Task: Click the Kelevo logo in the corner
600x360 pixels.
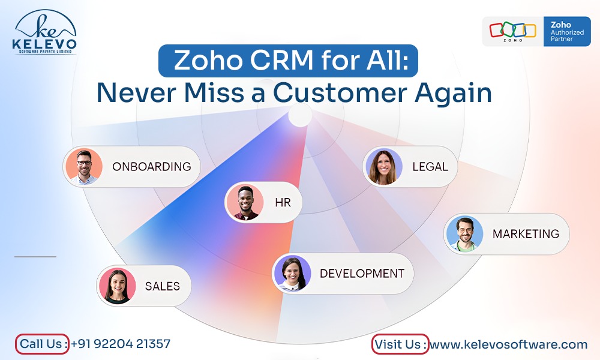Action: click(44, 32)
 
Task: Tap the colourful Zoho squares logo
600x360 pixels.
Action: click(513, 31)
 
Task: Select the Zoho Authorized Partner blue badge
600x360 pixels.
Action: click(567, 31)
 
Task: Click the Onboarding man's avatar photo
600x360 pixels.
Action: click(84, 166)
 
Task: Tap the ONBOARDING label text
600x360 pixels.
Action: click(152, 167)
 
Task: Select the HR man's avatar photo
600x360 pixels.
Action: click(245, 202)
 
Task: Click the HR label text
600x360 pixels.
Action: click(283, 202)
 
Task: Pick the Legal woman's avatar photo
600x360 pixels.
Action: click(383, 167)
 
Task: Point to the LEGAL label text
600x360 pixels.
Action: click(430, 167)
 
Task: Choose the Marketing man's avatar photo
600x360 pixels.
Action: click(464, 234)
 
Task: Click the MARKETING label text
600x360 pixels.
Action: click(526, 234)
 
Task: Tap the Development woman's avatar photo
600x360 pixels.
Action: click(293, 274)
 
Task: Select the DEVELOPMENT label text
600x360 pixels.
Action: click(362, 274)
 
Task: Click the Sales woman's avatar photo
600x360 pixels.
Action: click(117, 286)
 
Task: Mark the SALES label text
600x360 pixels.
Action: click(162, 286)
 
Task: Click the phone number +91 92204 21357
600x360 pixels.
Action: click(121, 344)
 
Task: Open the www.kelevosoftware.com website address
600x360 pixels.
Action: click(508, 344)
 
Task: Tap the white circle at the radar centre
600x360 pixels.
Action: click(300, 115)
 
